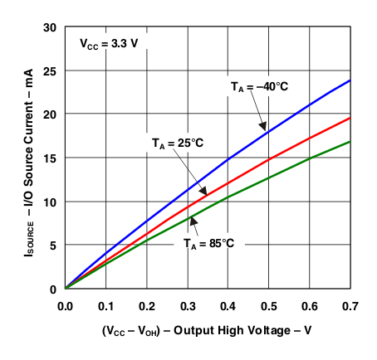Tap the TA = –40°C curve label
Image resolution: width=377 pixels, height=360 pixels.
(259, 85)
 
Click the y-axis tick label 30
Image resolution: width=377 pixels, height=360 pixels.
(49, 27)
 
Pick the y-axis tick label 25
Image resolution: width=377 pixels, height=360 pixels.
(49, 71)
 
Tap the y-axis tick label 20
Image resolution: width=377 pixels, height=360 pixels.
(49, 114)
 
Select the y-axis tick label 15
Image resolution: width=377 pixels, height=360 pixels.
(49, 158)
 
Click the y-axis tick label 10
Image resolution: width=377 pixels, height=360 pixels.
(49, 202)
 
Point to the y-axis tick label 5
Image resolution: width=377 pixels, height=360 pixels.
(52, 245)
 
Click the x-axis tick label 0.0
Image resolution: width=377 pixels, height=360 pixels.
(65, 305)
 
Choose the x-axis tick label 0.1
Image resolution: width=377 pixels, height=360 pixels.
(105, 305)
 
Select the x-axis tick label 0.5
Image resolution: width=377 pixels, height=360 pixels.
(268, 305)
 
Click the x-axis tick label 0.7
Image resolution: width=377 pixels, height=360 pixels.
(349, 305)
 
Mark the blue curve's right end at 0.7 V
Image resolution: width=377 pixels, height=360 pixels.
(350, 80)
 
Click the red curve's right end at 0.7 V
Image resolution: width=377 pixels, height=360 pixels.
(350, 118)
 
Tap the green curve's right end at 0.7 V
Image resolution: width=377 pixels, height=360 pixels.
(350, 142)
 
